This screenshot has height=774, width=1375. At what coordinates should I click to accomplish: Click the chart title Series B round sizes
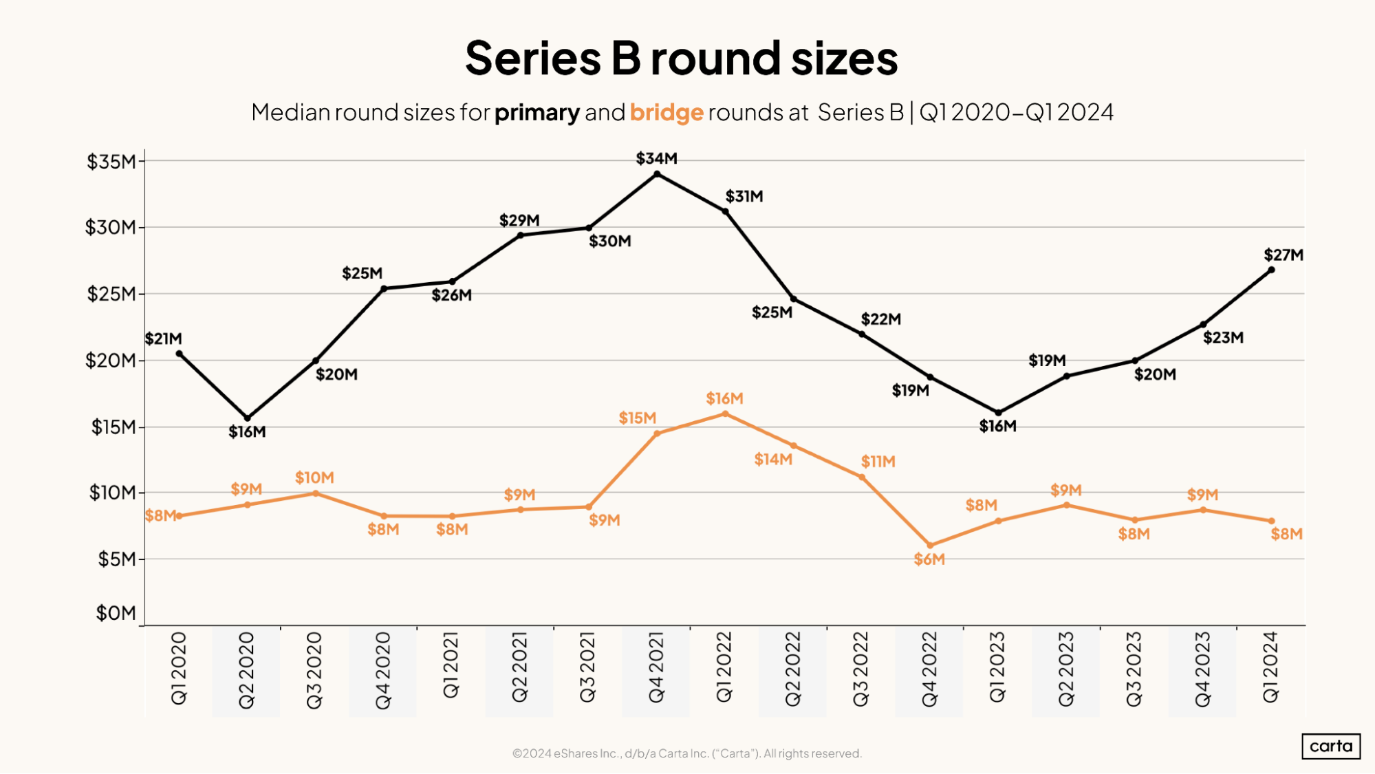681,58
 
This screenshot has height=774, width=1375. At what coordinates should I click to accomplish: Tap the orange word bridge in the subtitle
666,112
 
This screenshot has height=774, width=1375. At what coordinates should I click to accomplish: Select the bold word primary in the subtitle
537,112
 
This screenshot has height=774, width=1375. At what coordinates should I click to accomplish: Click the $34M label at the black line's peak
656,159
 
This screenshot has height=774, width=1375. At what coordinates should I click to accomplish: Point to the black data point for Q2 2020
248,418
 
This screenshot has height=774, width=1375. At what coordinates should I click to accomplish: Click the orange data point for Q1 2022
725,414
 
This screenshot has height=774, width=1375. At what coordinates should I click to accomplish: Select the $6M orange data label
929,559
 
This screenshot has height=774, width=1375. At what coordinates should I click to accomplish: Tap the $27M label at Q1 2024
1283,255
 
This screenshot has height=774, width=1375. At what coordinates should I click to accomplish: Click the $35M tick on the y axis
111,162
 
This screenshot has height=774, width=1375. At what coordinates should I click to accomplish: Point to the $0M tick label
116,613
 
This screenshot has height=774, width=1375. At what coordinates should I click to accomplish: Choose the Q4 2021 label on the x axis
656,667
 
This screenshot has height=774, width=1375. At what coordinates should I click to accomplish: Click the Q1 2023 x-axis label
997,667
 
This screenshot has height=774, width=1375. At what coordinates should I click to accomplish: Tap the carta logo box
1330,746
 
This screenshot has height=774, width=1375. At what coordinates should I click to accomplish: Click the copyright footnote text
686,753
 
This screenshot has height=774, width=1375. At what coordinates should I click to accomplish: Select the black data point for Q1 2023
998,413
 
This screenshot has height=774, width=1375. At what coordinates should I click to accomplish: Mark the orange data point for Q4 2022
930,546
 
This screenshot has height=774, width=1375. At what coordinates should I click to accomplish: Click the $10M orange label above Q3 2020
314,477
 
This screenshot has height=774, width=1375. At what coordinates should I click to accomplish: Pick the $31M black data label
744,197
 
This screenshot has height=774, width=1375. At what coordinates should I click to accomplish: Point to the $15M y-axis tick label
113,427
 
